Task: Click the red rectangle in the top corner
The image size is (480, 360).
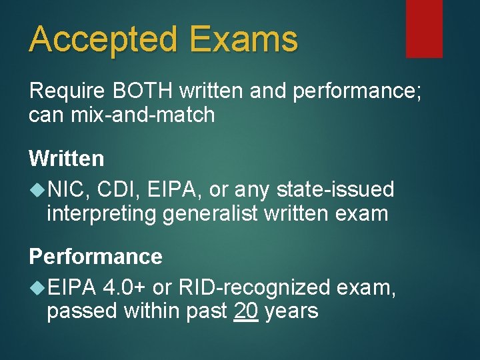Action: [x=424, y=28]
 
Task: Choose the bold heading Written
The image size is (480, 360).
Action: [x=67, y=159]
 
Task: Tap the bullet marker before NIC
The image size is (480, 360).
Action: [x=37, y=190]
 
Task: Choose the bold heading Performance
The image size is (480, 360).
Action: [x=95, y=257]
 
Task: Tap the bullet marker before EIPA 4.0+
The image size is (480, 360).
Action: [x=37, y=287]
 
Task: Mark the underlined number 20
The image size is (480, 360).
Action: [x=247, y=311]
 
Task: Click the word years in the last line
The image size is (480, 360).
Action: [x=291, y=311]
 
